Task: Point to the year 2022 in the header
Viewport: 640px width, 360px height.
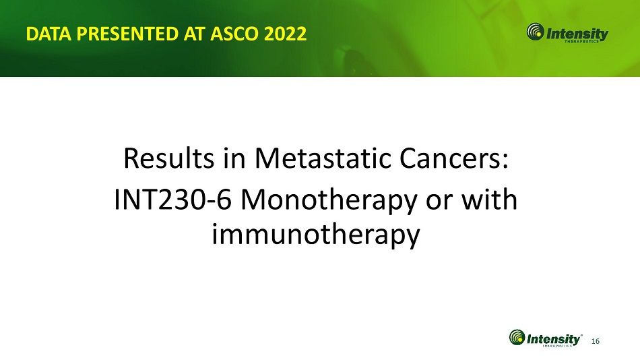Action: click(286, 34)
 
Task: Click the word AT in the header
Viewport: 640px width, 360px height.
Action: click(195, 34)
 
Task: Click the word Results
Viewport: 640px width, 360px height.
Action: click(168, 158)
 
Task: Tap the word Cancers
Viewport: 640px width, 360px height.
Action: click(455, 158)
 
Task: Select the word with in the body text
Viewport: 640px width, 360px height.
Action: click(490, 200)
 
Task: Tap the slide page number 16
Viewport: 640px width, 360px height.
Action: click(596, 341)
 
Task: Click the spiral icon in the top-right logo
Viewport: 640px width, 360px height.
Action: click(535, 32)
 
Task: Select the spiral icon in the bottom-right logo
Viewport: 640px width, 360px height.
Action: click(517, 338)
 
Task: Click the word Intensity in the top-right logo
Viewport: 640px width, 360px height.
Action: click(577, 34)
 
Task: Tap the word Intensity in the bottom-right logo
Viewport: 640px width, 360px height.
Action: click(553, 339)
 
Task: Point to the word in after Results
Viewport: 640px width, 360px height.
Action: click(234, 158)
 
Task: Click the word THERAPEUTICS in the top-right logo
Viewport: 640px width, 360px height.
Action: click(581, 41)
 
